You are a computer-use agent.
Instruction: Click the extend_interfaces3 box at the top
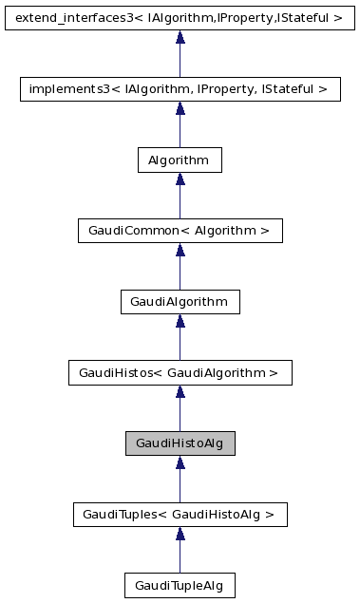point(180,17)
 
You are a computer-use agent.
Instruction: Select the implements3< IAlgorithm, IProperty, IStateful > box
point(180,88)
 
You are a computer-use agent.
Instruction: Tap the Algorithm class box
point(180,160)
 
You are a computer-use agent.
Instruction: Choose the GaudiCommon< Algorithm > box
point(180,231)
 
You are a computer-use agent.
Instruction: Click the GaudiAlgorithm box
point(180,302)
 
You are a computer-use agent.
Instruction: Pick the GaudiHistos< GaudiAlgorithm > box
point(180,373)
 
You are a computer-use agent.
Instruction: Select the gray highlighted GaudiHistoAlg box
point(180,443)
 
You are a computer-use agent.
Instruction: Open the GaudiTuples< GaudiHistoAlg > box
point(180,515)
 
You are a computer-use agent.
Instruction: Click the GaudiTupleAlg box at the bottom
point(180,586)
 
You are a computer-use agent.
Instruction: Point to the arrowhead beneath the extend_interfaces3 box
point(180,37)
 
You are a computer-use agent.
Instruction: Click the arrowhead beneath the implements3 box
point(180,108)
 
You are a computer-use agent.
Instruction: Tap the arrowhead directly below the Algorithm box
point(180,179)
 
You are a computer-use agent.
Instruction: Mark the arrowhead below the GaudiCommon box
point(180,251)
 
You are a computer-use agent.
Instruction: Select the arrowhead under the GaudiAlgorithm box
point(180,322)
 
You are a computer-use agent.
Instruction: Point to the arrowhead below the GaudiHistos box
point(180,393)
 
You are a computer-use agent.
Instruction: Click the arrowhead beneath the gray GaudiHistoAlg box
point(180,463)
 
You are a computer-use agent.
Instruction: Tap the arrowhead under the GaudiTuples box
point(180,535)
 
